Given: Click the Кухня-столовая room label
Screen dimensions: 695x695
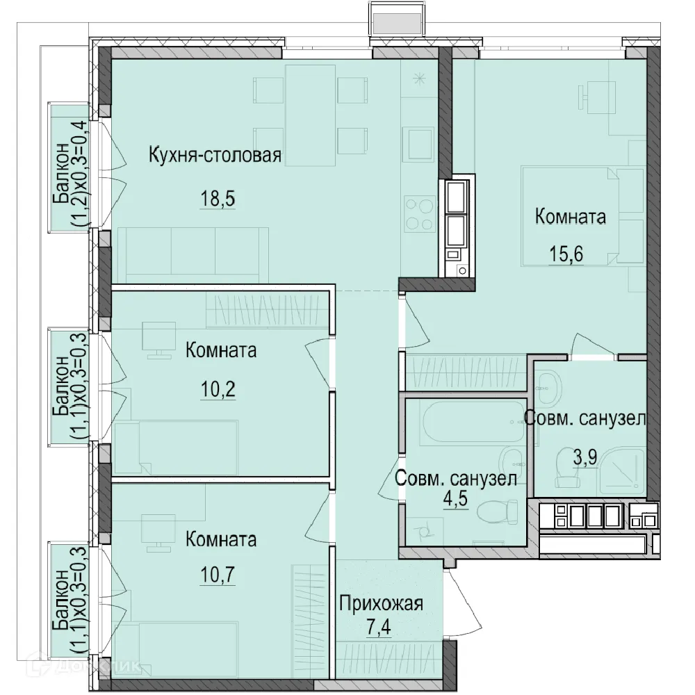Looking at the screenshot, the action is click(215, 156).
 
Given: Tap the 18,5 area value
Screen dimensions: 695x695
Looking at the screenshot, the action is click(218, 198).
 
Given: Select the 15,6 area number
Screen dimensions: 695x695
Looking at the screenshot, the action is click(566, 254).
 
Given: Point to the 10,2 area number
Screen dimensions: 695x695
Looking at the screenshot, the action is click(218, 390).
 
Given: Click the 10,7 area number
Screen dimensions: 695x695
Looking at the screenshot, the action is click(218, 575).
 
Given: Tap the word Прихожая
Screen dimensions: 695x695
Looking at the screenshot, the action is click(381, 604).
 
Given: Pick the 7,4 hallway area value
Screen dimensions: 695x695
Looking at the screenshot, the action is click(379, 628).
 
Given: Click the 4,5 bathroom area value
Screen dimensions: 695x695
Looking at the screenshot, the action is click(455, 498).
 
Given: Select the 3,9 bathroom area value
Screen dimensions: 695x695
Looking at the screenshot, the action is click(585, 457).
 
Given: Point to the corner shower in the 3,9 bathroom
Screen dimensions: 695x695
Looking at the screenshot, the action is click(621, 472).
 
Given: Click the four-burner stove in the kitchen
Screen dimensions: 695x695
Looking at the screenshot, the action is click(419, 213).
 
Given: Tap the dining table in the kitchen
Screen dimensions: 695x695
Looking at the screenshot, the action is click(310, 115).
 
